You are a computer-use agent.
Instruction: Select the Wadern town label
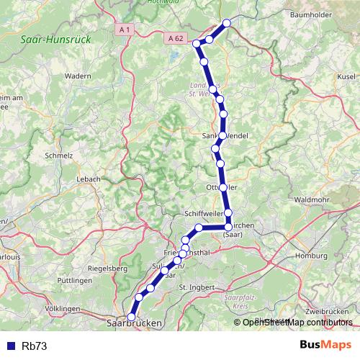pos(77,75)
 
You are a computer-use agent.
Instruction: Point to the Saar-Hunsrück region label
pos(55,41)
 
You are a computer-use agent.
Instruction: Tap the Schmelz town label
pos(59,155)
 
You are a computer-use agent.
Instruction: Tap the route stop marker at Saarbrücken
pos(131,317)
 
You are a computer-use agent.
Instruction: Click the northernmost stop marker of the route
pos(227,23)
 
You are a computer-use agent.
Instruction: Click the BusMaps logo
pos(325,345)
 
